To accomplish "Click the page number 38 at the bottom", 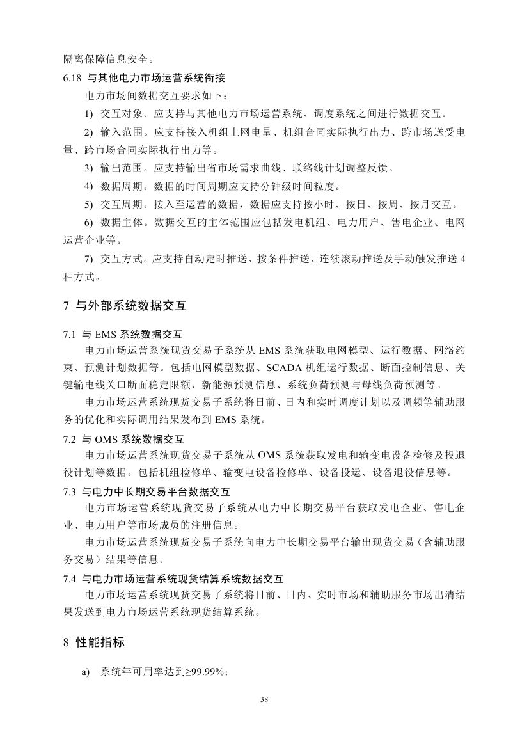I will (x=264, y=699).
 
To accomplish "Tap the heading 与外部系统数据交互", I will (x=131, y=306).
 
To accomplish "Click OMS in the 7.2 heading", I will (x=106, y=440).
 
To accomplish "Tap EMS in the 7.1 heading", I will (x=104, y=334).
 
